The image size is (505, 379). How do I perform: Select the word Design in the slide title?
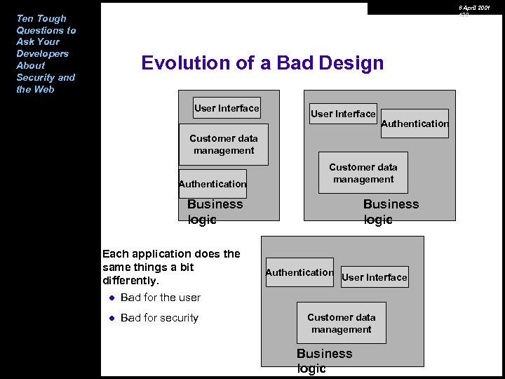coord(351,63)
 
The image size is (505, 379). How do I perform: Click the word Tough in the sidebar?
coord(51,18)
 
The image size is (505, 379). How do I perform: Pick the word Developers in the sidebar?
coord(42,53)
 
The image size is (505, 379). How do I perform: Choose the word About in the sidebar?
coord(31,65)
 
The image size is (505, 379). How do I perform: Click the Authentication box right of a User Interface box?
coord(415,124)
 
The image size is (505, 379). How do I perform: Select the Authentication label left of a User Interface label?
coord(299,272)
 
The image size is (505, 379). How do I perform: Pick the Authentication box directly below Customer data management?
coord(213,184)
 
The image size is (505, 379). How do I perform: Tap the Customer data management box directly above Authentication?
coord(224,145)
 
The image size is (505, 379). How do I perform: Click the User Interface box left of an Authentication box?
coord(343,114)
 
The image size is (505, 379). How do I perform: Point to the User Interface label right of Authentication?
coord(374,277)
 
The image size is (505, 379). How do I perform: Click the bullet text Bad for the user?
coord(161,298)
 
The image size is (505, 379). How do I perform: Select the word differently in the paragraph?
coord(129,281)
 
